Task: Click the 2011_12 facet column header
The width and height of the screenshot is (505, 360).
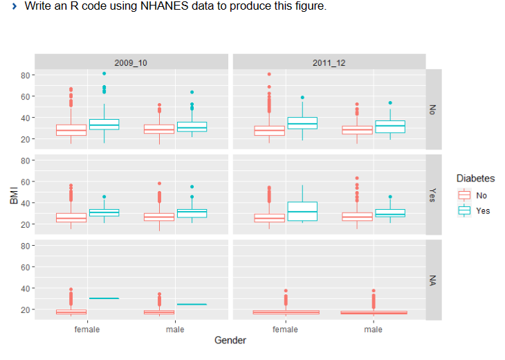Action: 329,62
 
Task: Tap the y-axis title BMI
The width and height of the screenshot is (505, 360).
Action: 13,195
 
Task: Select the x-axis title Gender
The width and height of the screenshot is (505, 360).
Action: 230,340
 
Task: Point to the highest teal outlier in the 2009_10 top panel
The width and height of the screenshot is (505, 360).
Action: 104,73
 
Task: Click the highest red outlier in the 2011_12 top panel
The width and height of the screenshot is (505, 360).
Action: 269,74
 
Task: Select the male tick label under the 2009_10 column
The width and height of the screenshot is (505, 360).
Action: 176,330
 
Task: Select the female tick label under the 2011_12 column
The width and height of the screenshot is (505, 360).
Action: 286,330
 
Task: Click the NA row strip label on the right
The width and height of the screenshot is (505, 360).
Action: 433,280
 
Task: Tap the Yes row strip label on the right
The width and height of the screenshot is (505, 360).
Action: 433,195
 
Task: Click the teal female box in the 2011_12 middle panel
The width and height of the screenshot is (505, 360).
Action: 302,211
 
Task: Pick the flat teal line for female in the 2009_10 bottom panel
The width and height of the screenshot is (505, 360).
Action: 104,298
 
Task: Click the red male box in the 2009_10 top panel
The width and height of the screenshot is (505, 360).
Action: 158,129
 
